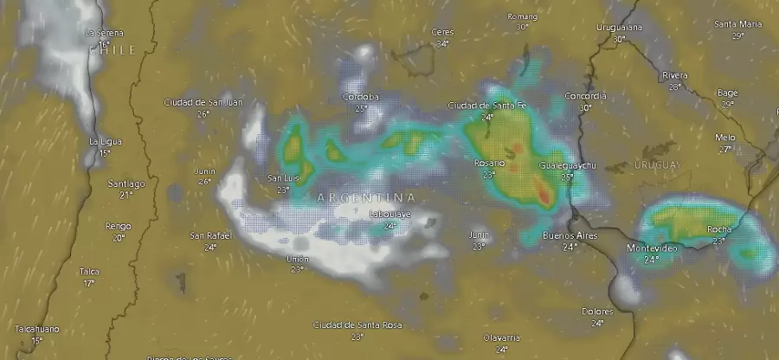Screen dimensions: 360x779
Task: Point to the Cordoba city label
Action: (x=361, y=96)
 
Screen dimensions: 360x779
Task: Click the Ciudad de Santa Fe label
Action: (x=487, y=106)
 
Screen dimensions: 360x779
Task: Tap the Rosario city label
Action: (x=490, y=164)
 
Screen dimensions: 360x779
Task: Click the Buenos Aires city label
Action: (x=570, y=235)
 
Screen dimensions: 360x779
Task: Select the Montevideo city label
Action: (x=652, y=248)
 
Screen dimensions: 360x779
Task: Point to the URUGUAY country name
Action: (x=659, y=164)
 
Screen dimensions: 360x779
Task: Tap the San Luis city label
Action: (x=283, y=178)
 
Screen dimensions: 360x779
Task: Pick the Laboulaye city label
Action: (x=390, y=214)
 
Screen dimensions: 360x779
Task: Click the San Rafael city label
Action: (x=210, y=235)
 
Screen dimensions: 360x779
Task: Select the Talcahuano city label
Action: (x=36, y=330)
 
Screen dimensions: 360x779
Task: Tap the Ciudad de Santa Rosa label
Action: (x=357, y=325)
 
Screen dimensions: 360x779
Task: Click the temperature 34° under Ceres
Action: (x=443, y=43)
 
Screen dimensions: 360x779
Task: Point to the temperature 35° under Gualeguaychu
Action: (x=568, y=176)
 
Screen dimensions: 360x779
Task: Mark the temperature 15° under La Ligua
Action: (x=105, y=153)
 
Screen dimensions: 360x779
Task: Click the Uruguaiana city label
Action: (x=619, y=27)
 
